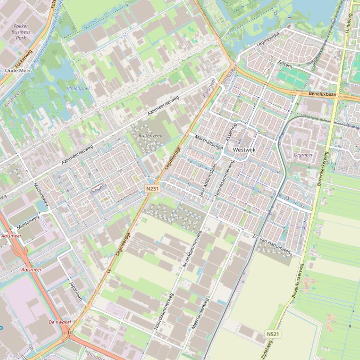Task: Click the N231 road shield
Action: pyautogui.click(x=151, y=188)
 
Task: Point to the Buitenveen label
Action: pyautogui.click(x=151, y=135)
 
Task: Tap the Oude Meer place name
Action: pyautogui.click(x=18, y=70)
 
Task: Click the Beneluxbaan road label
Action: pyautogui.click(x=323, y=94)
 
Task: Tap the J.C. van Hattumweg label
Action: pyautogui.click(x=271, y=245)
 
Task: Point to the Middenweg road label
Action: pyautogui.click(x=28, y=222)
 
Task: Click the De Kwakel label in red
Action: pyautogui.click(x=59, y=322)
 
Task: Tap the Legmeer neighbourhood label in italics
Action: pyautogui.click(x=303, y=155)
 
